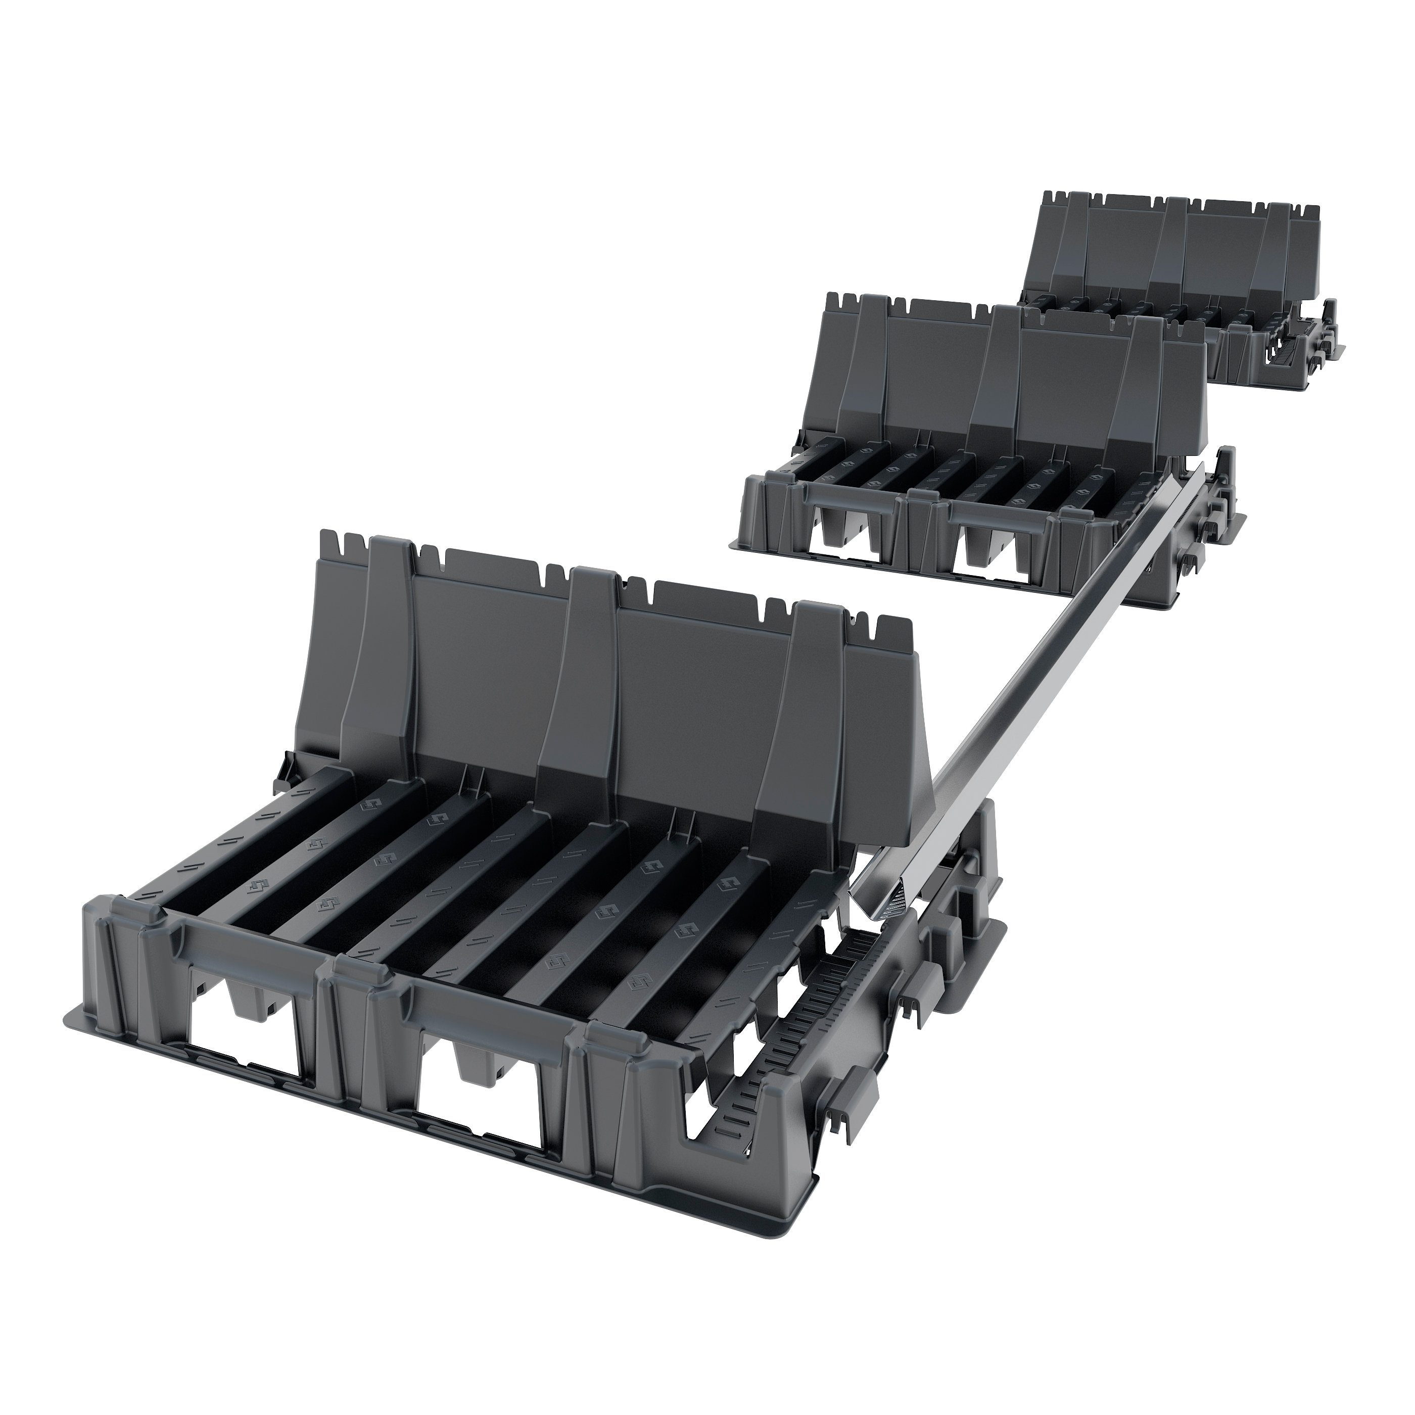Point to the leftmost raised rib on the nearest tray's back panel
(x=381, y=644)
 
